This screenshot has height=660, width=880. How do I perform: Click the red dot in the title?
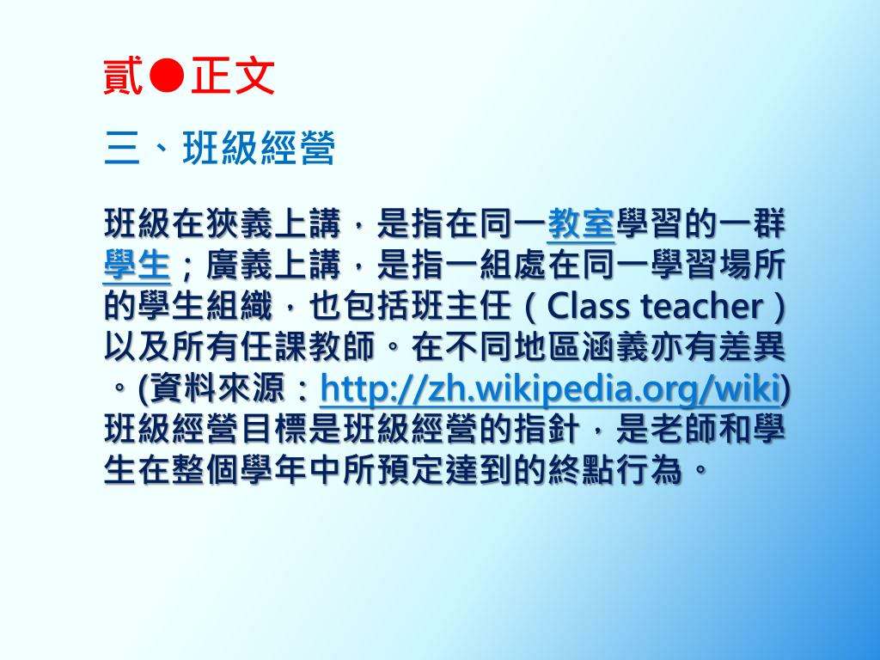[x=167, y=76]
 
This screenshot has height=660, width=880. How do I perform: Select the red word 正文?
[x=232, y=76]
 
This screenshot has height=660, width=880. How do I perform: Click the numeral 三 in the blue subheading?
[x=122, y=149]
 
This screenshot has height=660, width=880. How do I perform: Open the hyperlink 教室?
[x=581, y=224]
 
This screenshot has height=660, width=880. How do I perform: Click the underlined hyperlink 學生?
[x=137, y=265]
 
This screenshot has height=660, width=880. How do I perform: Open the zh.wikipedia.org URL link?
[x=549, y=388]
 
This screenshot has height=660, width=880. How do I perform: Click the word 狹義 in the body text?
[x=240, y=224]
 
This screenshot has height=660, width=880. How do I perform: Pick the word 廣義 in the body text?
[x=240, y=265]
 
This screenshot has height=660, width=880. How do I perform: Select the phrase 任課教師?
[x=309, y=347]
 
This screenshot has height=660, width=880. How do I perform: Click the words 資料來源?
[x=217, y=388]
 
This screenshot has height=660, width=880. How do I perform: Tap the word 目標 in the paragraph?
[x=274, y=430]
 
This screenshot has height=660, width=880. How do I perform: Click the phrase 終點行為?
[x=614, y=470]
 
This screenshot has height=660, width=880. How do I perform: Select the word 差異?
[x=751, y=347]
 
